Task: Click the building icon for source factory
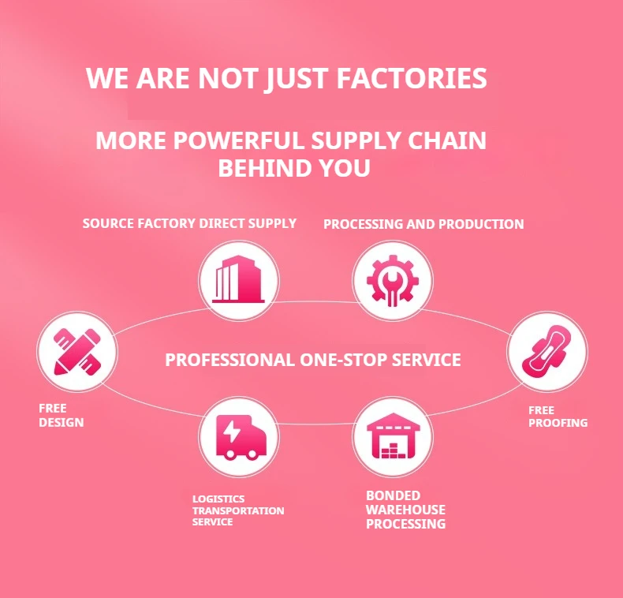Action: pyautogui.click(x=238, y=280)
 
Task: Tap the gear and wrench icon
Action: pyautogui.click(x=392, y=280)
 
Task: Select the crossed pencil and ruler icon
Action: pyautogui.click(x=77, y=351)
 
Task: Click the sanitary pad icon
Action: pyautogui.click(x=546, y=352)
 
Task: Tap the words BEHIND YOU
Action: pyautogui.click(x=293, y=169)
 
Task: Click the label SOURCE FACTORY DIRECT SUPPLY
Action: pyautogui.click(x=189, y=223)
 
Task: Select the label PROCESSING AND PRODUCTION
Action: pyautogui.click(x=423, y=224)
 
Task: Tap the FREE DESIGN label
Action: pyautogui.click(x=61, y=415)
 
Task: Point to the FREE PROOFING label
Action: pyautogui.click(x=558, y=417)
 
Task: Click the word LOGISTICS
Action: pyautogui.click(x=218, y=499)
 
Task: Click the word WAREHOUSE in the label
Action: pyautogui.click(x=405, y=510)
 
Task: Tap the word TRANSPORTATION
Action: pyautogui.click(x=238, y=510)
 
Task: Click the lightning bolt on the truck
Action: pyautogui.click(x=234, y=432)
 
